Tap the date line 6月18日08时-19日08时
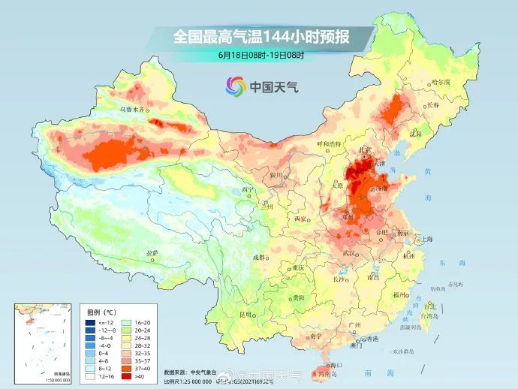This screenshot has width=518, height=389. click(x=262, y=55)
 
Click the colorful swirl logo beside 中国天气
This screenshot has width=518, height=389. click(x=236, y=86)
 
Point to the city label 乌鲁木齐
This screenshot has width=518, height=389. click(x=132, y=110)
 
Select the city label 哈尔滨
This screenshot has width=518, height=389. click(x=441, y=82)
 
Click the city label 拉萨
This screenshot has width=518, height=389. click(x=152, y=252)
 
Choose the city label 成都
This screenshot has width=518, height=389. click(x=259, y=257)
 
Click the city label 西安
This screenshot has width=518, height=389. click(x=301, y=219)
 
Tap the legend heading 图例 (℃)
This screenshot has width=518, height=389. click(x=99, y=311)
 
